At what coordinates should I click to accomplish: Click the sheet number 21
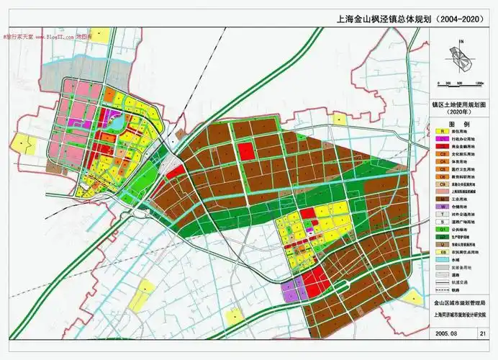point(481,333)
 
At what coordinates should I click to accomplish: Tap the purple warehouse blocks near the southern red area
point(292,291)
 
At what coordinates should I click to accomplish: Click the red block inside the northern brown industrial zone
point(246,150)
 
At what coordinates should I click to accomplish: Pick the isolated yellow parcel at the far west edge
point(25,145)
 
